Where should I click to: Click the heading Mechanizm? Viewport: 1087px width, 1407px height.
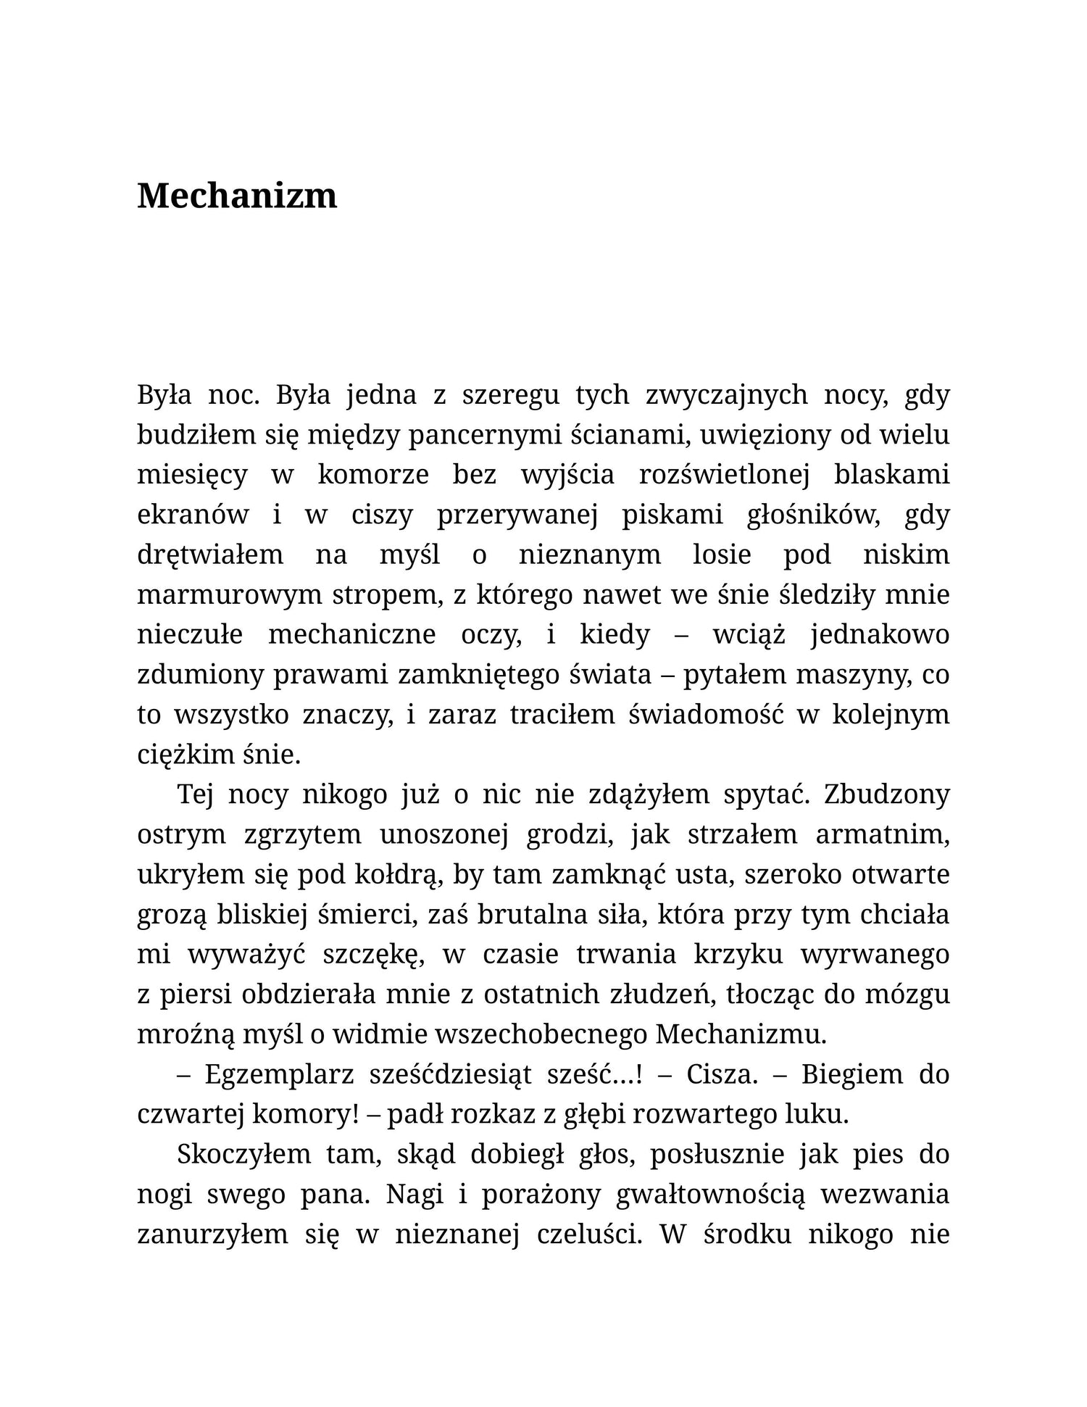click(x=237, y=196)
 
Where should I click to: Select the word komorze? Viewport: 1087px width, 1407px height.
click(x=373, y=475)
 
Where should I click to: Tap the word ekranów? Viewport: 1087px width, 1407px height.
click(x=193, y=515)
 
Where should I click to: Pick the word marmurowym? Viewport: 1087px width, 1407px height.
click(x=230, y=594)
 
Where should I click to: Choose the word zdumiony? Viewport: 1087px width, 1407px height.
click(x=200, y=674)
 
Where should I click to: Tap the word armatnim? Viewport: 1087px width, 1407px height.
click(x=882, y=834)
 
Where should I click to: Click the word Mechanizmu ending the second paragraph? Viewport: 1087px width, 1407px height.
click(x=740, y=1034)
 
